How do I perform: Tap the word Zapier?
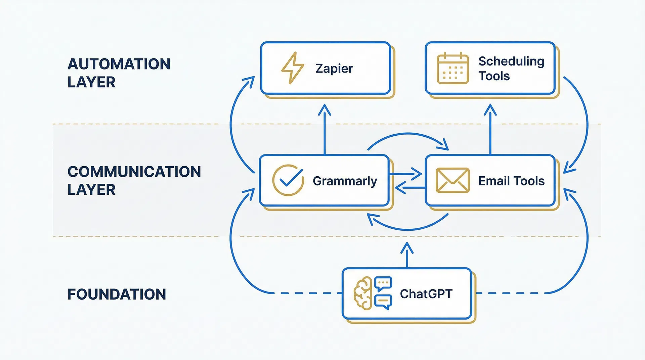[x=334, y=69]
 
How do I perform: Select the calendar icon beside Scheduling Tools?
[x=453, y=68]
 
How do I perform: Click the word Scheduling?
[x=511, y=61]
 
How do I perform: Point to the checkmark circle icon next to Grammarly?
[x=288, y=180]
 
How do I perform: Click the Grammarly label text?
[x=345, y=181]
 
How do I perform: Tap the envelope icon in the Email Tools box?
[x=453, y=180]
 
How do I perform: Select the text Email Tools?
[x=511, y=181]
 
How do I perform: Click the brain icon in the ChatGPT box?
[x=363, y=293]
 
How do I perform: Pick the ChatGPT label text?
[x=426, y=294]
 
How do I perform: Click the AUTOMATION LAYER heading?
[x=119, y=73]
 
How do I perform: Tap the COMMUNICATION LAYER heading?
[x=134, y=180]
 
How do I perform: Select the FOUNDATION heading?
[x=117, y=294]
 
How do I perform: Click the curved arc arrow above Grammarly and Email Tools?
[x=408, y=134]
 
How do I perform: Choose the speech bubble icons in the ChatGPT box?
[x=383, y=293]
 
